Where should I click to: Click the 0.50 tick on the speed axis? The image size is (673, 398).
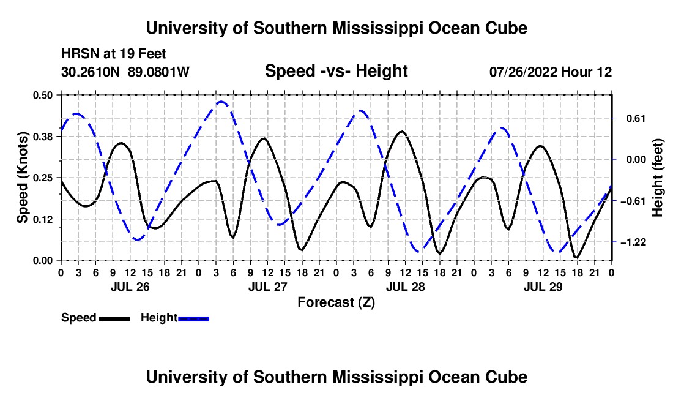(x=42, y=95)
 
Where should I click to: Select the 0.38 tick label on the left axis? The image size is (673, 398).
(x=42, y=137)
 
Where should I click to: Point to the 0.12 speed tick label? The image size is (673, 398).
(x=42, y=219)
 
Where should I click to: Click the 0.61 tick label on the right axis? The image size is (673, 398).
(x=636, y=119)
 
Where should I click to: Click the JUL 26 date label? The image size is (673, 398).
(x=130, y=287)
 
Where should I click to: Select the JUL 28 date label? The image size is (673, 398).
(x=405, y=287)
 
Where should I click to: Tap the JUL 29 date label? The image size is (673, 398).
(x=543, y=287)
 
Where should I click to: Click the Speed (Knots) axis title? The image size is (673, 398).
(x=22, y=178)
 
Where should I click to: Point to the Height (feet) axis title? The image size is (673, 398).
(x=657, y=178)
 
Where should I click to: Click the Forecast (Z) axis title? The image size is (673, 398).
(x=336, y=302)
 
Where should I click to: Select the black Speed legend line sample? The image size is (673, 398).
(x=114, y=318)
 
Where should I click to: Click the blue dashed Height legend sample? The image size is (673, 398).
(x=193, y=318)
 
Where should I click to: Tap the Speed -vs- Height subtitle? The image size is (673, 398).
(x=336, y=71)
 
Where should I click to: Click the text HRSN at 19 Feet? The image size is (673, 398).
(x=113, y=54)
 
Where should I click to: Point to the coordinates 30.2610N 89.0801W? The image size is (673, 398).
(x=125, y=72)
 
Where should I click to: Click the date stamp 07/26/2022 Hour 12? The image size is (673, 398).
(x=551, y=72)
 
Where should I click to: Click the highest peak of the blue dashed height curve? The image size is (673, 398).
(x=221, y=102)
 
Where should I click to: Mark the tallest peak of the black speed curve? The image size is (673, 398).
(x=402, y=132)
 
